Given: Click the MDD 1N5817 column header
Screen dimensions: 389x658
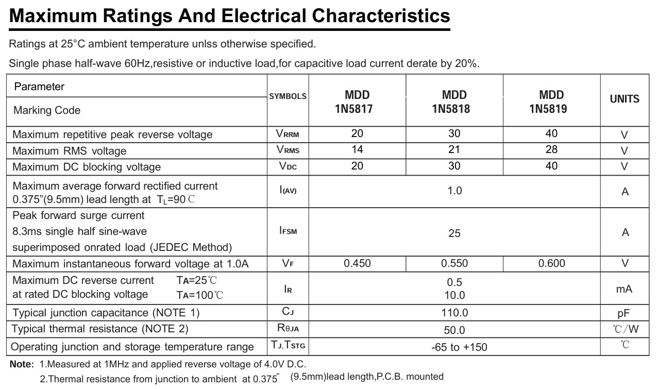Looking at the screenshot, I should coord(357,102).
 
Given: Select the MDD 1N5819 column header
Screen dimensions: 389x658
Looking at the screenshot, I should coord(551,102).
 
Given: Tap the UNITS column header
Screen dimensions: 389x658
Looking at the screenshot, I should coord(625,99).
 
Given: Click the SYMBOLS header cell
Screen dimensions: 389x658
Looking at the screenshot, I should coord(288,96).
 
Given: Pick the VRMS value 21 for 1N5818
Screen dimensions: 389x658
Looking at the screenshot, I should coord(454,149).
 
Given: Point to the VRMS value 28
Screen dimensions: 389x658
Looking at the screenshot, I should coord(551,149).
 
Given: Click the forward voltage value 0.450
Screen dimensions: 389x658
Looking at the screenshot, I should coord(357,263).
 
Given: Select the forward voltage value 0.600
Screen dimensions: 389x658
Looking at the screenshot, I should coord(551,263).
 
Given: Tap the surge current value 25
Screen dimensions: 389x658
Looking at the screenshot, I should coord(454,233).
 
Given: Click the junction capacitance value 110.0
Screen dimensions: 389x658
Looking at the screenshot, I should coord(454,313).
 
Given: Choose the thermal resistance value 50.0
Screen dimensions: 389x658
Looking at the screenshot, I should coord(454,330).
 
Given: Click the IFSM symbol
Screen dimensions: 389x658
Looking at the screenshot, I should coord(288,231).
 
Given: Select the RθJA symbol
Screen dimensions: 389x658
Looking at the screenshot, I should coord(288,328).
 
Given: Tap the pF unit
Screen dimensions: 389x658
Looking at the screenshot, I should coord(624,313).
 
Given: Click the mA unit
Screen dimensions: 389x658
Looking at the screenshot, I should coord(624,289).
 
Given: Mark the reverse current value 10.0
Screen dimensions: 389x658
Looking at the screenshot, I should coord(454,295).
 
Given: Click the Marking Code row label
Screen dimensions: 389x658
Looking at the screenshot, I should coord(47,110).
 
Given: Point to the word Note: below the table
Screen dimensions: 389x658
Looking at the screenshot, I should coord(22,364).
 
